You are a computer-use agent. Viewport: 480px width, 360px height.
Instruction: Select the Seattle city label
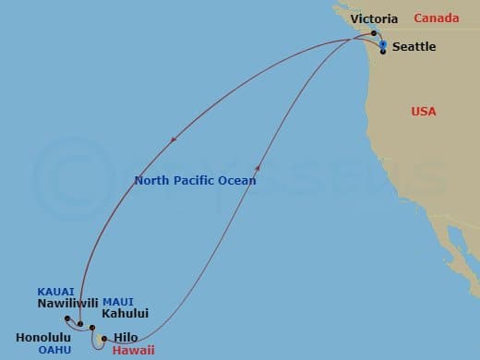click(x=415, y=48)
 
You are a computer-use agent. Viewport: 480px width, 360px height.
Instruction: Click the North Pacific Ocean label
click(x=195, y=181)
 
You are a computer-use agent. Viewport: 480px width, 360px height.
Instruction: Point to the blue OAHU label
click(x=55, y=351)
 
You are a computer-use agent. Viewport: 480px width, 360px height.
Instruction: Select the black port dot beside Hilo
click(x=104, y=338)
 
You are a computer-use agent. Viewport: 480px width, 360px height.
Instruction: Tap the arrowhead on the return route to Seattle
click(x=258, y=166)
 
